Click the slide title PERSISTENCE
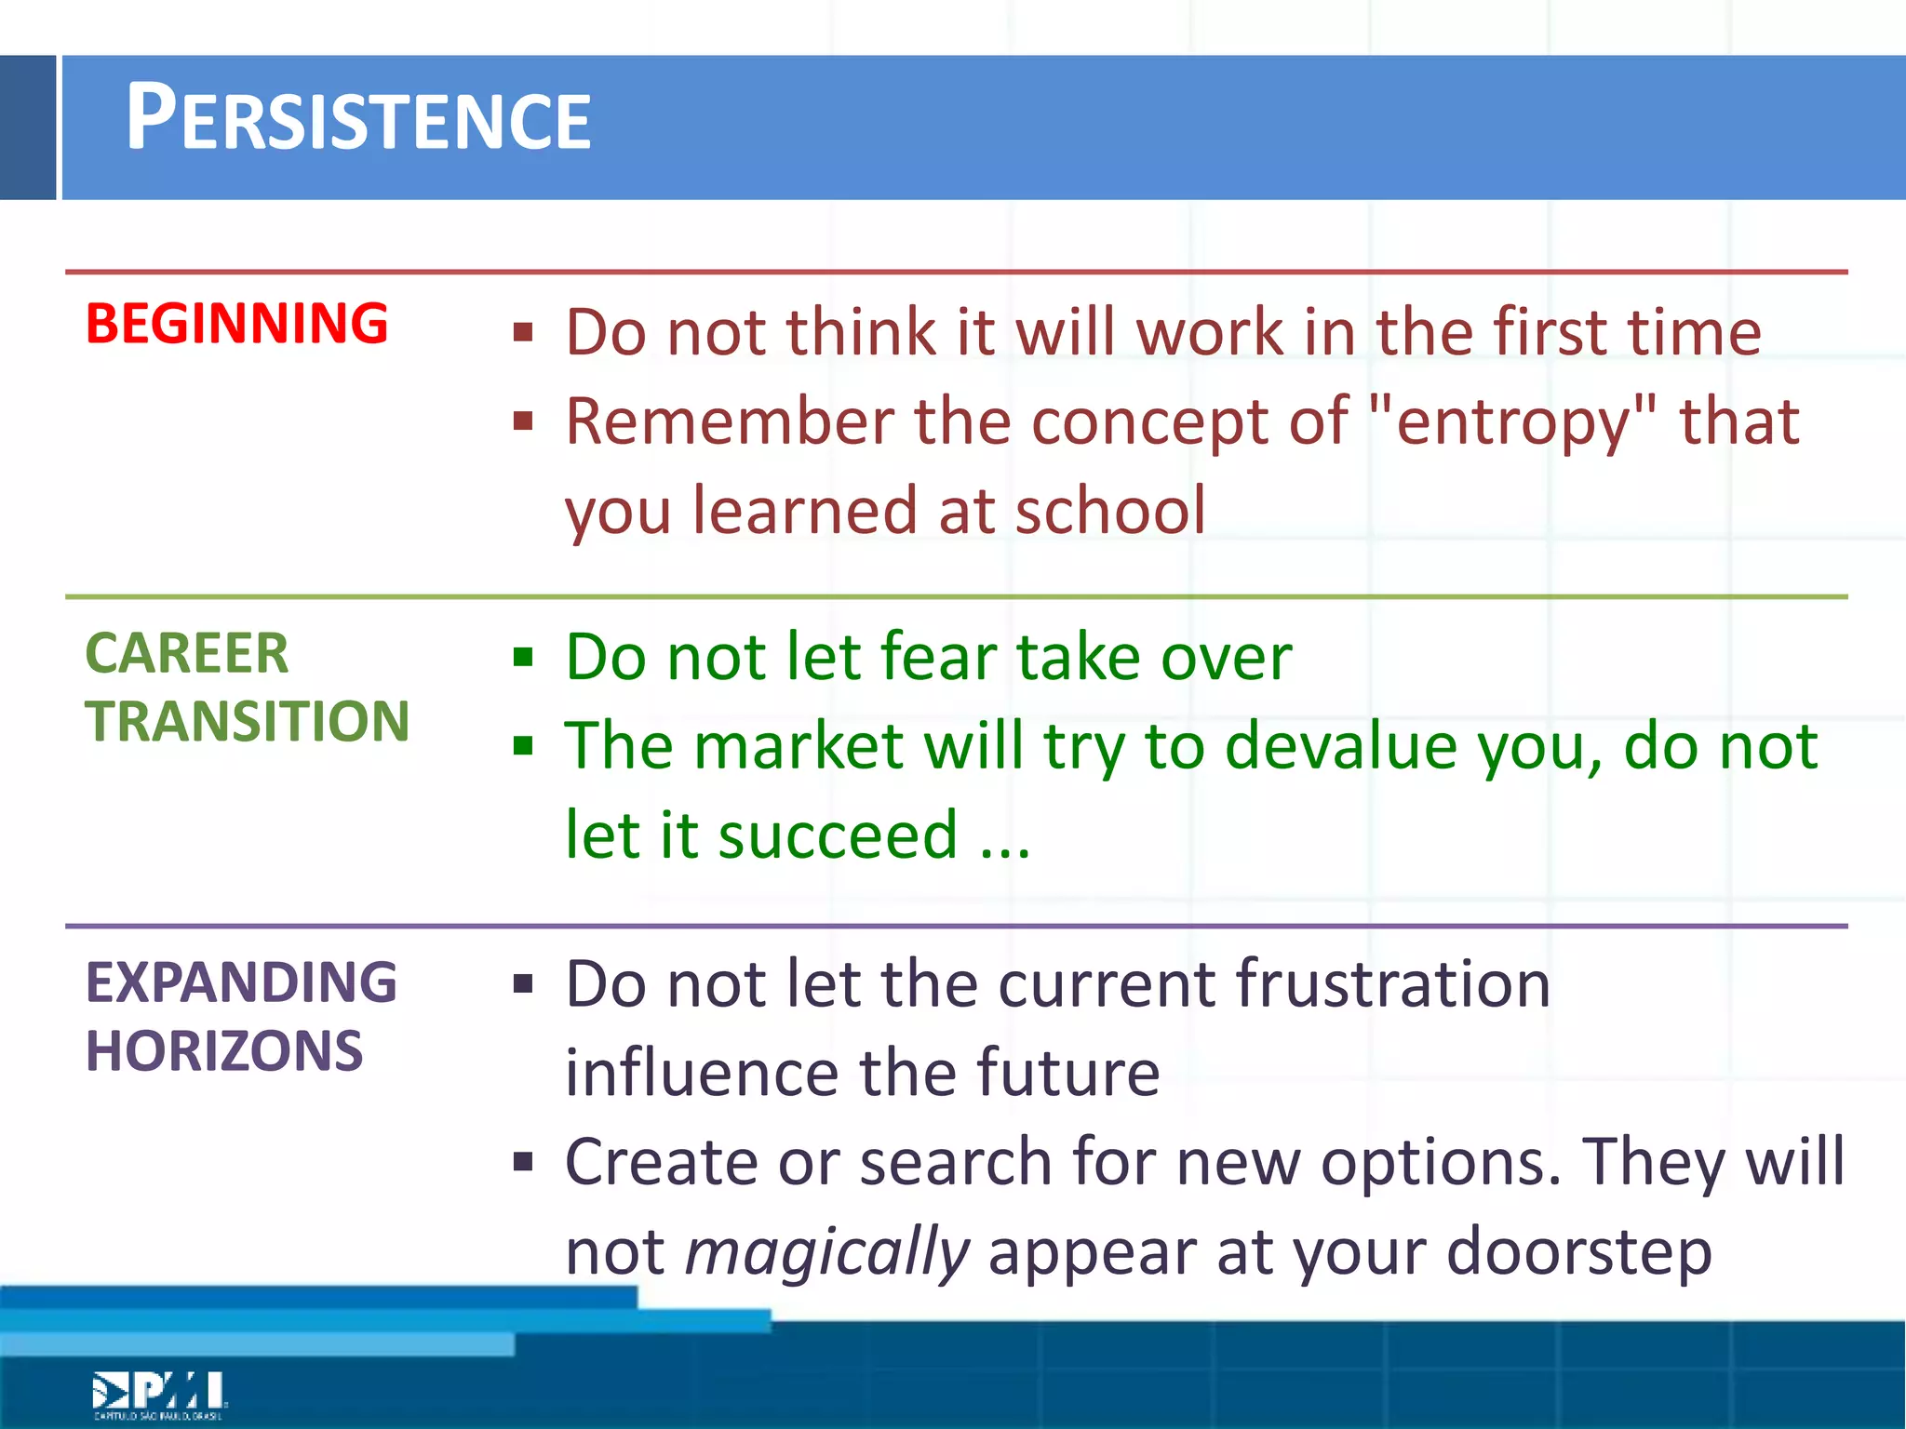(x=358, y=119)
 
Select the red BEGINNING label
(x=236, y=324)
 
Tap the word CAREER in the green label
(x=186, y=653)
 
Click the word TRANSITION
(x=247, y=721)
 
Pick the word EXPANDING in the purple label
(x=241, y=982)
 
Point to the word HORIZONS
(x=223, y=1051)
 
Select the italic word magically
(x=827, y=1252)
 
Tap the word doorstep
(x=1579, y=1251)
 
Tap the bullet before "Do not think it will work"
(x=523, y=333)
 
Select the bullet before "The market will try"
(x=523, y=746)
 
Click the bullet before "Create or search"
(x=523, y=1162)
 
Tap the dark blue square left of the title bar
(x=28, y=127)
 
